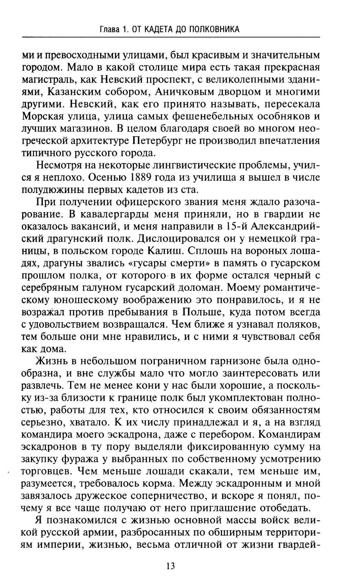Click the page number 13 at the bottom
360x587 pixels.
point(171,566)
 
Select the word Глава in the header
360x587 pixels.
point(110,29)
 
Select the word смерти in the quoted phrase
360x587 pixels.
point(189,263)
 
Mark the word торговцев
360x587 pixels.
point(46,471)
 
